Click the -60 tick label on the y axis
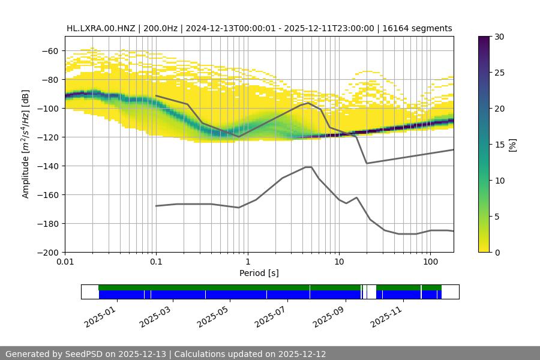coord(50,50)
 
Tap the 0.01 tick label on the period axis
coord(65,263)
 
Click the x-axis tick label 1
coord(247,263)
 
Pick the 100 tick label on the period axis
coord(430,263)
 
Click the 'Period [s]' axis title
coord(259,273)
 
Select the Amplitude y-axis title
coord(25,144)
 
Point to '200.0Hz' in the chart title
coord(160,28)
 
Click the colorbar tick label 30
coord(499,37)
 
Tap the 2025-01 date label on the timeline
coord(100,314)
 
